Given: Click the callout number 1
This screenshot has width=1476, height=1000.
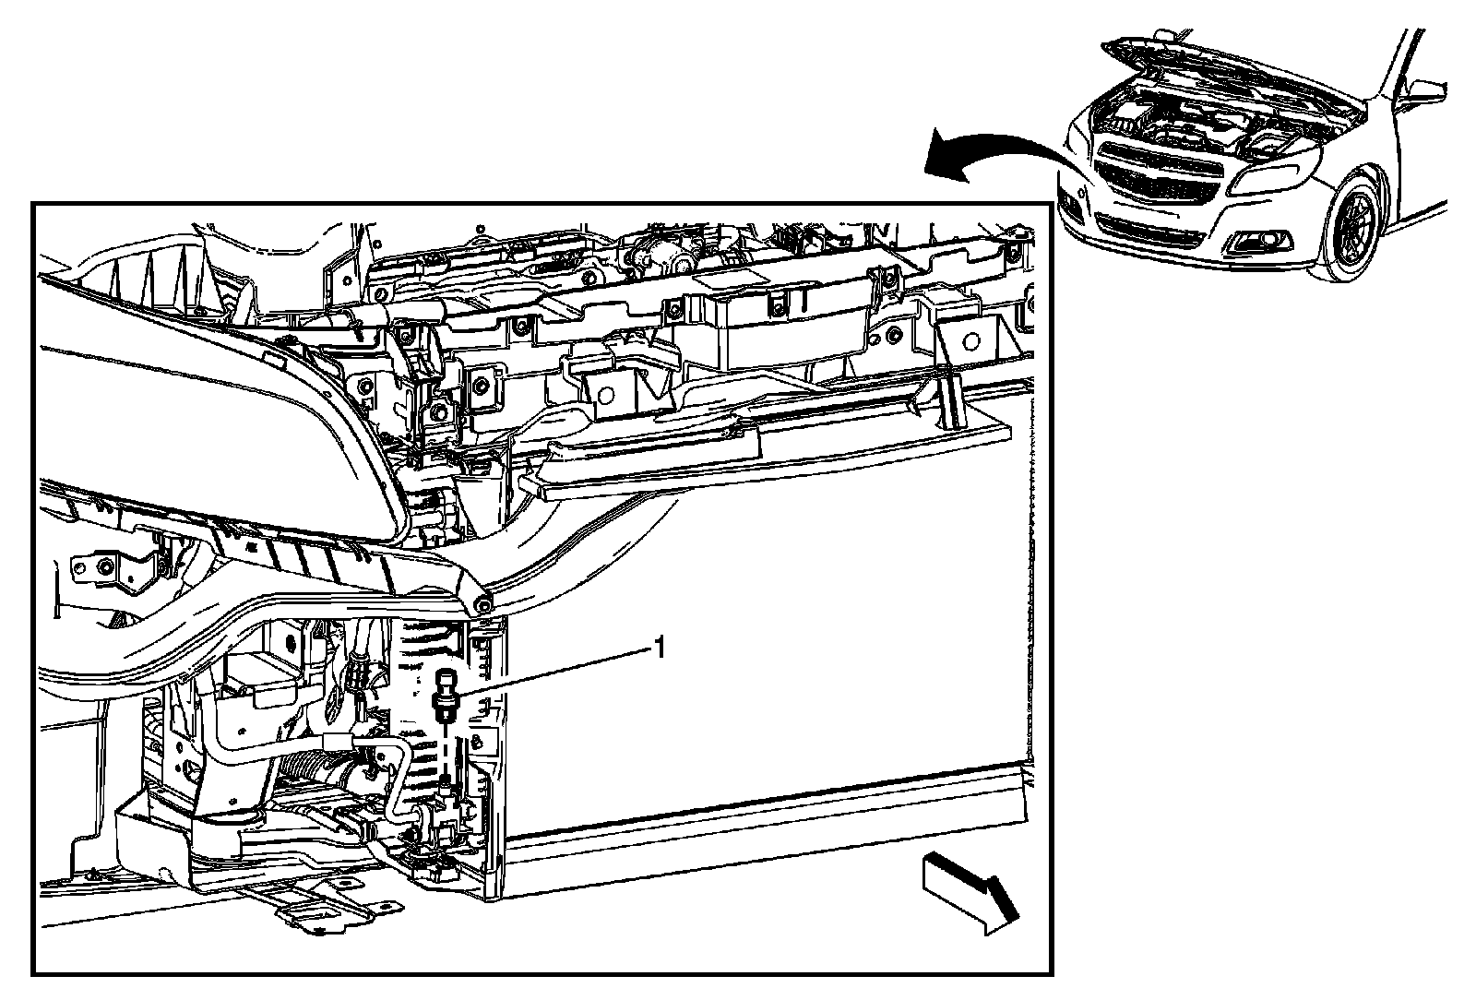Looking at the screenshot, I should [x=659, y=649].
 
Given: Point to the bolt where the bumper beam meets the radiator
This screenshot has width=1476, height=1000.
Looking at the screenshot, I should [x=482, y=607].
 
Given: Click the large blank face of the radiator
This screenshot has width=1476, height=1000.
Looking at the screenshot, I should [x=766, y=627].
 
